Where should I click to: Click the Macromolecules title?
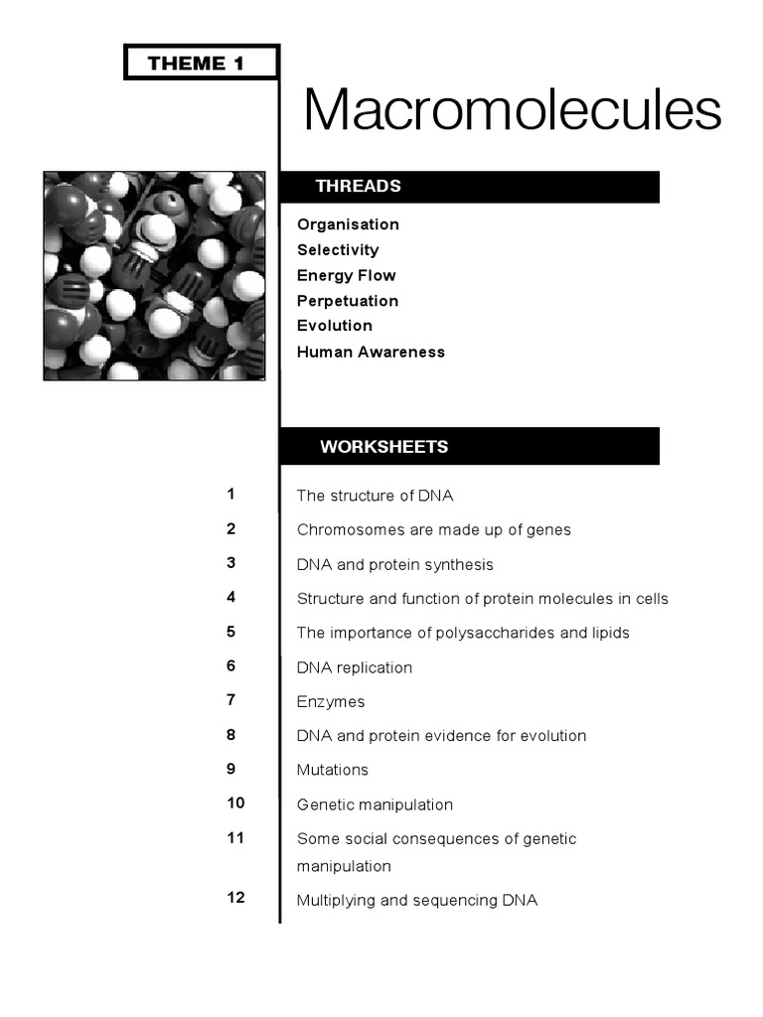(512, 109)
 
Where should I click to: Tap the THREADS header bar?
(469, 187)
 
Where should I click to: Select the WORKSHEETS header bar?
(469, 447)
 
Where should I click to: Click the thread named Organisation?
(348, 224)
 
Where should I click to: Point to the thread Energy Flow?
(346, 275)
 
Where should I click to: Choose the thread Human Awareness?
(371, 352)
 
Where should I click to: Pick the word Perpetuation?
(348, 301)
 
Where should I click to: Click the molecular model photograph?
(154, 276)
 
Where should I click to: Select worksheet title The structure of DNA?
(375, 496)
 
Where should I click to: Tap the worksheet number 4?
(230, 597)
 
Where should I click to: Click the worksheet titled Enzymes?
(331, 702)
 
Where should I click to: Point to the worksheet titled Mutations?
(332, 770)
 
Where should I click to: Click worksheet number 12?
(235, 898)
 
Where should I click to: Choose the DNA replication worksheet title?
(354, 667)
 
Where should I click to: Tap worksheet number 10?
(235, 802)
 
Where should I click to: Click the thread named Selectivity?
(338, 250)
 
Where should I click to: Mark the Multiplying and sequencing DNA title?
(416, 901)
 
